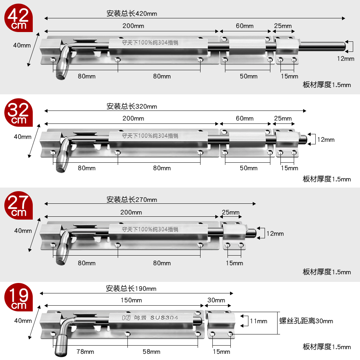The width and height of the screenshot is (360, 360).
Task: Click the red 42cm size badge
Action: (x=18, y=18)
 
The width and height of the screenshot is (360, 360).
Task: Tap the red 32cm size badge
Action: (x=18, y=112)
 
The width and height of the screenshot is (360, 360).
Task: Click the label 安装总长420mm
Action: (x=132, y=14)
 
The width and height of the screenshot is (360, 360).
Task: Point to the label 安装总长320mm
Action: (x=132, y=106)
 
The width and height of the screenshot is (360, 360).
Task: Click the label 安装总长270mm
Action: (x=132, y=199)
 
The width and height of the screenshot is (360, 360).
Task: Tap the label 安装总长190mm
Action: (x=131, y=288)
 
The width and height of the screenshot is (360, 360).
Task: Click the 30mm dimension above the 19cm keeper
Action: (x=216, y=300)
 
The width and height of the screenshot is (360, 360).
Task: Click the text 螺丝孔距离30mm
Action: (x=306, y=321)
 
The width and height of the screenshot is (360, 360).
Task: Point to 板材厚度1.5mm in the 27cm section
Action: (x=327, y=272)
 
